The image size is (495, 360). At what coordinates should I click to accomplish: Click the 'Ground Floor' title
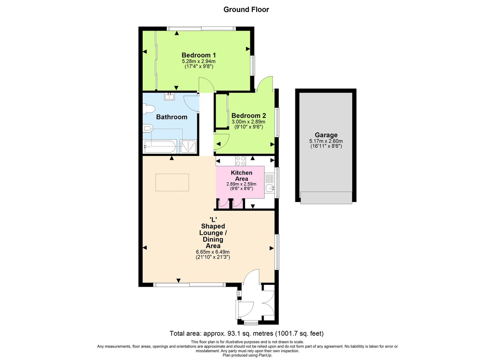[x=246, y=9]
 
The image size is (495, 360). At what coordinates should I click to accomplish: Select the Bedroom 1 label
[x=199, y=55]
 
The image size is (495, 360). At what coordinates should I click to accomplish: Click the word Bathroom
[x=172, y=117]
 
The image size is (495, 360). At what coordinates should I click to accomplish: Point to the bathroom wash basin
[x=169, y=97]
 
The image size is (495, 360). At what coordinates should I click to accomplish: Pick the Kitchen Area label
[x=242, y=176]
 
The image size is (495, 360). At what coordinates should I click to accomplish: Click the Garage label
[x=326, y=135]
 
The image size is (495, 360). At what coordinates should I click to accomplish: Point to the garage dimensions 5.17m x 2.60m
[x=326, y=141]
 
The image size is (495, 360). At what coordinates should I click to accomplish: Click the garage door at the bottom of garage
[x=326, y=198]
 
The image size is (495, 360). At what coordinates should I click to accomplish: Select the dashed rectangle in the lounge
[x=172, y=182]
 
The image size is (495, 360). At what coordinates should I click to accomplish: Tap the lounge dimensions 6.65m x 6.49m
[x=212, y=252]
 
